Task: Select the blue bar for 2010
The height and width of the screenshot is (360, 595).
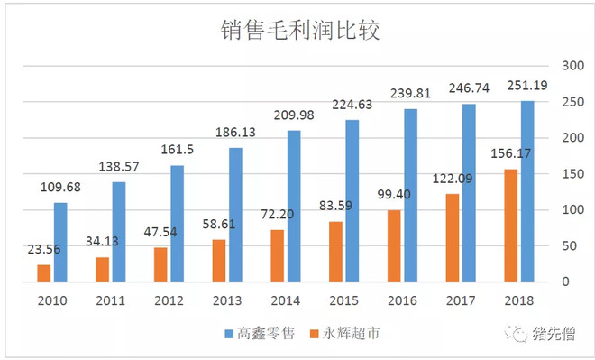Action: point(59,242)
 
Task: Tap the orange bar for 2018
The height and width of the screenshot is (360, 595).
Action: point(510,225)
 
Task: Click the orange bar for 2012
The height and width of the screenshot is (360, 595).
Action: point(160,263)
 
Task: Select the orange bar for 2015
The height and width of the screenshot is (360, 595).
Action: point(335,251)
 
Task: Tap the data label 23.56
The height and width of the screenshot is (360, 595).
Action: point(42,249)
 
